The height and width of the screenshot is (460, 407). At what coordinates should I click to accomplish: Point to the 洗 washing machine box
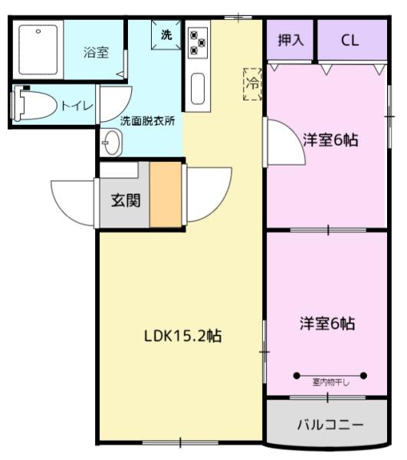point(166,34)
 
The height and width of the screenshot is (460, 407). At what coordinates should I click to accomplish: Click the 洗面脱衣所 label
point(146,121)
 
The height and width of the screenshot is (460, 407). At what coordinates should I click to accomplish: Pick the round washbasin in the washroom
point(112,142)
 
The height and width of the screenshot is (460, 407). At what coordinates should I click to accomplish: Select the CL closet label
point(350,40)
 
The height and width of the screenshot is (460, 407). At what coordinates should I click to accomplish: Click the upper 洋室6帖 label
point(330,141)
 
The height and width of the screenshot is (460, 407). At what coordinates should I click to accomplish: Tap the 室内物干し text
point(330,382)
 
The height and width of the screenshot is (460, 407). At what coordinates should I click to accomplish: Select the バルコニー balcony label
point(330,423)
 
